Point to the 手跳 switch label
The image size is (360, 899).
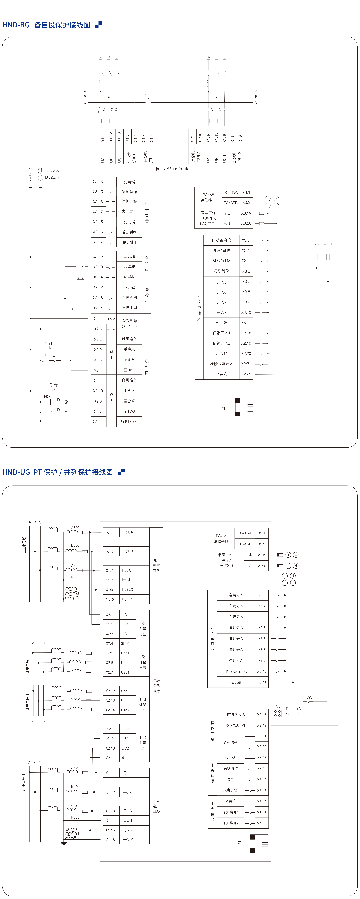(x=49, y=344)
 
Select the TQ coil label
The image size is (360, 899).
(x=47, y=355)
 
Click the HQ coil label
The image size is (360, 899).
(x=47, y=396)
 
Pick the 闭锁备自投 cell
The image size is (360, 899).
(x=221, y=240)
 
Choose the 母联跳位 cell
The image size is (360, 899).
(x=221, y=271)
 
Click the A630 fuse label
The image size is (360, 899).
(x=75, y=528)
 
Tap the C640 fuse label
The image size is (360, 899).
(x=75, y=806)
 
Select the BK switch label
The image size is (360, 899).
(x=278, y=707)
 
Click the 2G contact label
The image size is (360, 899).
(x=309, y=698)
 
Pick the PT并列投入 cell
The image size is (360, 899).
(x=236, y=714)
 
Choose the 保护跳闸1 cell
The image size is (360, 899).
(x=230, y=812)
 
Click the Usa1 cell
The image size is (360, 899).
(x=125, y=653)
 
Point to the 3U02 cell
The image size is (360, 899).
(x=125, y=758)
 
